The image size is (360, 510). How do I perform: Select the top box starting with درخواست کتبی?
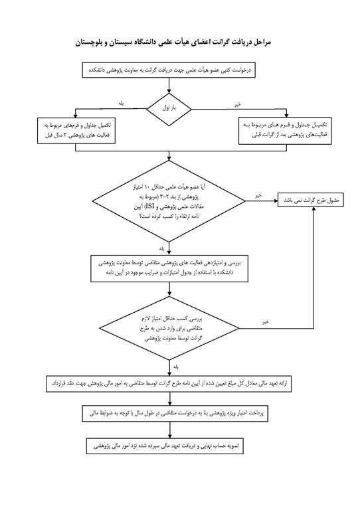coord(169,68)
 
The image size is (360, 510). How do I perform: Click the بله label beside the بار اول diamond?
coord(122,102)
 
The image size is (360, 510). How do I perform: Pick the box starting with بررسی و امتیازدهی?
coord(169,269)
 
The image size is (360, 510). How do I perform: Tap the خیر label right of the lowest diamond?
coord(264,321)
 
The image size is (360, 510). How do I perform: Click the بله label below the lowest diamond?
coord(175,367)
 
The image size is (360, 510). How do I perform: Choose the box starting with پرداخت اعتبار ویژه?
coord(169,414)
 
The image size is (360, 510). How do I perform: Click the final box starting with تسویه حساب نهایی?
coord(170,446)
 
